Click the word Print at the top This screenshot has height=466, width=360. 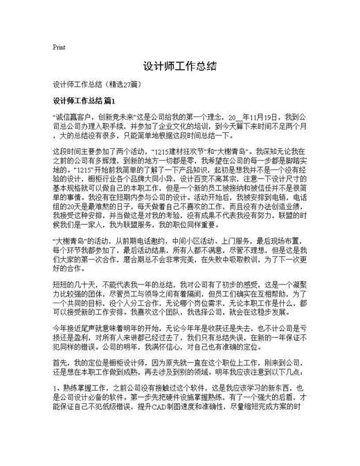(x=59, y=48)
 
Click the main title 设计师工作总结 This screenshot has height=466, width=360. (x=180, y=67)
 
